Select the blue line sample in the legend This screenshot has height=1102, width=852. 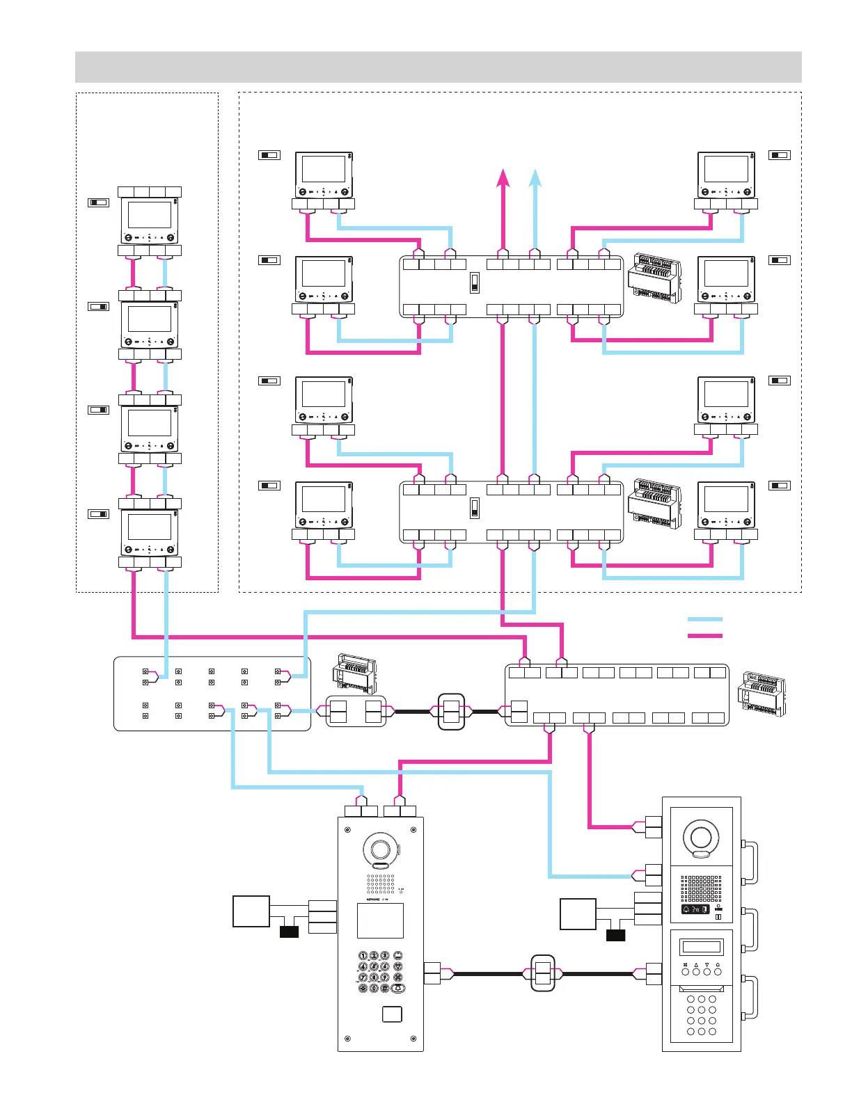tap(704, 618)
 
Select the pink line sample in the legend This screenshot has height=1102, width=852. tap(704, 634)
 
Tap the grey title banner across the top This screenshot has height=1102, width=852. tap(438, 67)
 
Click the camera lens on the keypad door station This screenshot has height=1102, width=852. tap(380, 849)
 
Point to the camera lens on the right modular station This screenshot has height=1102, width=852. tap(700, 836)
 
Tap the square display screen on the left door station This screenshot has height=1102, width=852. tap(380, 920)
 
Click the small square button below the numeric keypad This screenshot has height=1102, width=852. tap(392, 1014)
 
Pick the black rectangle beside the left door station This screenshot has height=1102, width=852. tap(289, 932)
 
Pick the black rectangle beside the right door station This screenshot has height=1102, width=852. tap(615, 935)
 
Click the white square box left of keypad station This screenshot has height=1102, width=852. tap(251, 912)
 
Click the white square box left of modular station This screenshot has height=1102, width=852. tap(578, 914)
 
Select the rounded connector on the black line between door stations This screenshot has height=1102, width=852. tap(543, 973)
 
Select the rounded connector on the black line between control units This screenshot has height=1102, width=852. tap(451, 711)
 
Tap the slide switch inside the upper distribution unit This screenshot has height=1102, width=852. tap(474, 283)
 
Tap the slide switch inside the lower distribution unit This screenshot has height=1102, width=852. tap(474, 508)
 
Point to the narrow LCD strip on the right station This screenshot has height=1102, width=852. tap(701, 947)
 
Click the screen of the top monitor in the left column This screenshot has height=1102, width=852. tap(150, 215)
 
